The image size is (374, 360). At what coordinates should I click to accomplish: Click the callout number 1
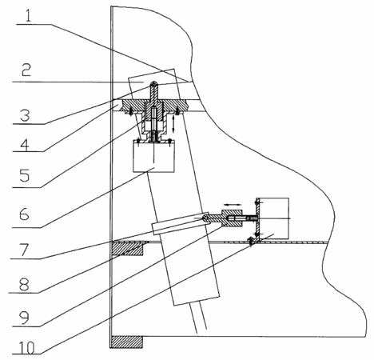[x=28, y=16]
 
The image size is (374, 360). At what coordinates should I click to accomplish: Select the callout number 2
[x=26, y=70]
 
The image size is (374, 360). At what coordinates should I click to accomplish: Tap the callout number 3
[x=25, y=115]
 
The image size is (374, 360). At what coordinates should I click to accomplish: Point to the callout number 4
[x=25, y=145]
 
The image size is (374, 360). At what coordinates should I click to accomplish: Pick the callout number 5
[x=25, y=176]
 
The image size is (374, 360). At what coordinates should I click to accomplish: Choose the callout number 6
[x=24, y=214]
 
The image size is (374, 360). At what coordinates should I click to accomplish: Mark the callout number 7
[x=24, y=250]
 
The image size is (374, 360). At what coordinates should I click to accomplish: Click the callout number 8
[x=24, y=284]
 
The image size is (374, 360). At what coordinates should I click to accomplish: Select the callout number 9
[x=24, y=318]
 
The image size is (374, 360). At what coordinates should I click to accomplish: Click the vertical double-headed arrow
[x=173, y=123]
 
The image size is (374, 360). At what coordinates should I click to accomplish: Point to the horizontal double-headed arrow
[x=233, y=205]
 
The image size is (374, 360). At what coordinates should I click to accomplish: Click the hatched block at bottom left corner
[x=127, y=342]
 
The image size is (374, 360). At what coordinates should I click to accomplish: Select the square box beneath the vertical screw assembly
[x=154, y=157]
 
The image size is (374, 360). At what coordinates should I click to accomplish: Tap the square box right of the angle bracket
[x=274, y=218]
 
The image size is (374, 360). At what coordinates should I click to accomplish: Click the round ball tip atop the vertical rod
[x=154, y=84]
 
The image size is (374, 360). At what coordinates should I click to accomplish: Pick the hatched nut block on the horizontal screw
[x=232, y=218]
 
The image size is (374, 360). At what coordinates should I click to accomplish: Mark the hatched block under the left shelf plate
[x=127, y=250]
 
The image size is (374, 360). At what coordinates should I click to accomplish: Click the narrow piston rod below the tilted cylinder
[x=199, y=317]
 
